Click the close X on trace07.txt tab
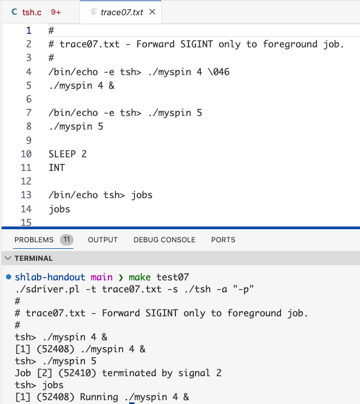[x=152, y=11]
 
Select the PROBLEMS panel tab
[x=34, y=240]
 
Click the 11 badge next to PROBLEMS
[x=67, y=240]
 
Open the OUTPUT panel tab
[x=102, y=240]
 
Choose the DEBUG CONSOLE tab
[x=164, y=240]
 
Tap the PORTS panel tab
[x=223, y=240]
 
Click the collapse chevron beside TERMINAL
[x=8, y=258]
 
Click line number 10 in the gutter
[x=26, y=154]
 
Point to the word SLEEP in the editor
[x=62, y=154]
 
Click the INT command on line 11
[x=57, y=168]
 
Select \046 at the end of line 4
[x=218, y=72]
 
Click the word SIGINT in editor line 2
[x=197, y=44]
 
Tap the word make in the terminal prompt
[x=139, y=277]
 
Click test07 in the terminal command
[x=173, y=277]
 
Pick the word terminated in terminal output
[x=129, y=373]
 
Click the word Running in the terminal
[x=99, y=397]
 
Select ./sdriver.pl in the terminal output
[x=47, y=289]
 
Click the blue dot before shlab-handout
[x=9, y=277]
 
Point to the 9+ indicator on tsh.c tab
[x=56, y=12]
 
